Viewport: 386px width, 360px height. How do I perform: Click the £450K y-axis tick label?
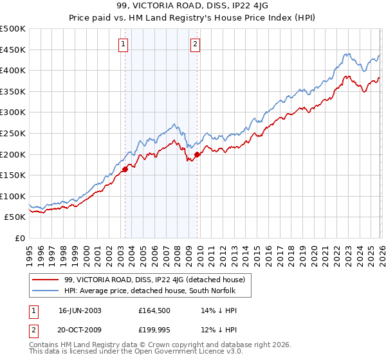pos(13,50)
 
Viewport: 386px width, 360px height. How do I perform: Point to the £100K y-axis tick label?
pos(13,196)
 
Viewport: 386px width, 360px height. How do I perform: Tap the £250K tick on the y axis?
pos(13,133)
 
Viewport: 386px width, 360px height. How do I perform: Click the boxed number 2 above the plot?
pos(194,44)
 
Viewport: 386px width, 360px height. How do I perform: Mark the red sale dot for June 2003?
pos(125,169)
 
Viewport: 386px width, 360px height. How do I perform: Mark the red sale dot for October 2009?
pos(197,154)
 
